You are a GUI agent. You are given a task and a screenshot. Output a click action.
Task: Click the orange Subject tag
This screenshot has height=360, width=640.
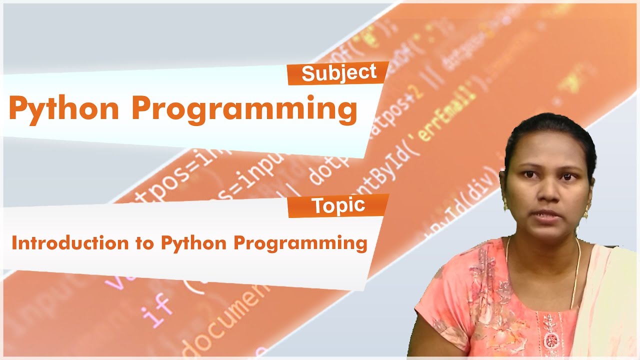click(338, 73)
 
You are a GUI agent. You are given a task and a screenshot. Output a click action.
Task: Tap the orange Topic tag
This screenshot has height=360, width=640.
click(338, 206)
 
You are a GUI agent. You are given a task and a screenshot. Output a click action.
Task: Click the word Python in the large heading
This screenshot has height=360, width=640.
click(63, 109)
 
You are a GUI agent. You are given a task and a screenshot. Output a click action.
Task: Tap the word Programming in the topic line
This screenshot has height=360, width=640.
click(300, 244)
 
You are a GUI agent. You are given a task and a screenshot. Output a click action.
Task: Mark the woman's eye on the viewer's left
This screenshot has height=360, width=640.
click(528, 175)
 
